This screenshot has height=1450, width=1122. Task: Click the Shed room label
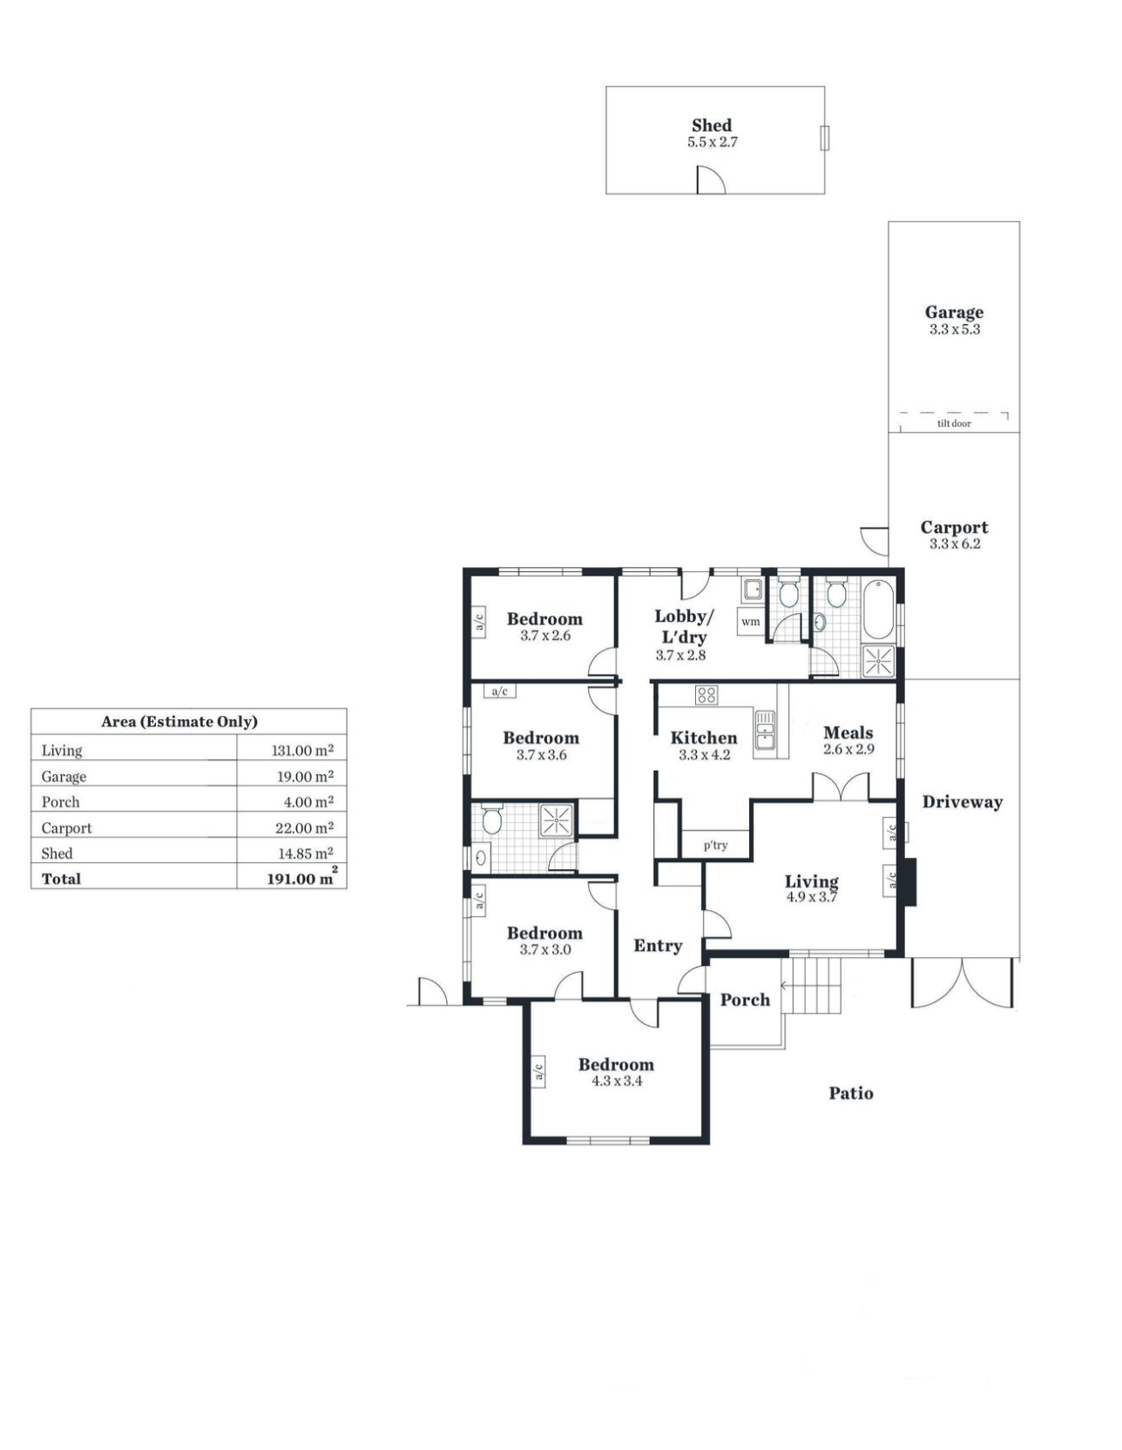[712, 125]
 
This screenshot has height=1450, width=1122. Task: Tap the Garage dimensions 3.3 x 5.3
[955, 329]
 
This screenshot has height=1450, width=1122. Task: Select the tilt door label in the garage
[954, 423]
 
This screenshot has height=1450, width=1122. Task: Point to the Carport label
[955, 527]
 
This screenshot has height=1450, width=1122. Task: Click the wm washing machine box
[751, 622]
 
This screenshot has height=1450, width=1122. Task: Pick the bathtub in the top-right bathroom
[877, 610]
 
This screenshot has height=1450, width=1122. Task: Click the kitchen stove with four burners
[706, 694]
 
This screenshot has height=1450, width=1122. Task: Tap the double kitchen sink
[765, 730]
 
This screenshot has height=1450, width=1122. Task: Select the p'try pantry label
[715, 845]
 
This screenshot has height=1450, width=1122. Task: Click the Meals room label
[848, 732]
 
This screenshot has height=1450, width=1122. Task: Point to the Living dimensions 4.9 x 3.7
[812, 897]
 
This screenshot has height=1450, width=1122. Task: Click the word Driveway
[963, 802]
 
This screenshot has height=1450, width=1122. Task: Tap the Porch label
[745, 1000]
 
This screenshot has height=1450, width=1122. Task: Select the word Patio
[851, 1093]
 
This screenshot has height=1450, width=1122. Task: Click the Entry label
[658, 946]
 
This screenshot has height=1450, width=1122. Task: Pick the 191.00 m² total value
[301, 877]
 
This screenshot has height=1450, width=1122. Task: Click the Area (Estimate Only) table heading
[179, 721]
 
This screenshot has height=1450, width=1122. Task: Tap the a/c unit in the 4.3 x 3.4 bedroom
[538, 1071]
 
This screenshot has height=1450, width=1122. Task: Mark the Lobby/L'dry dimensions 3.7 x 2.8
[681, 655]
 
